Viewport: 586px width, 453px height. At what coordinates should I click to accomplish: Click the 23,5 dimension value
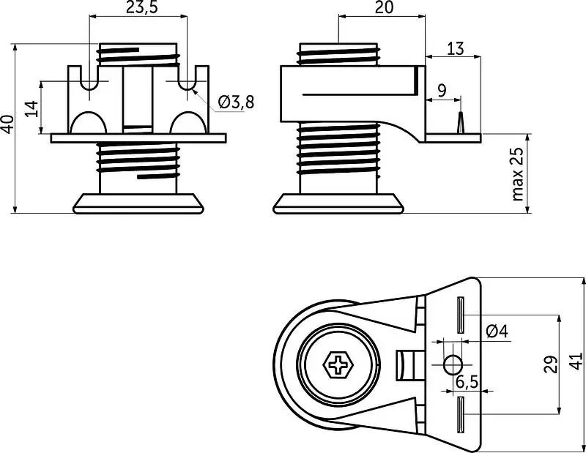(141, 7)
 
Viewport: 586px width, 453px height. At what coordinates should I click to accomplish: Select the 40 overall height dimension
(8, 124)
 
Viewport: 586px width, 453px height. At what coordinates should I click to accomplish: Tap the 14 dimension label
(32, 108)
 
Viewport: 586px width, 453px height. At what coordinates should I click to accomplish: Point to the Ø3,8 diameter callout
(236, 102)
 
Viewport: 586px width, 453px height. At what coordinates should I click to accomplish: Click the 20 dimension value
(384, 7)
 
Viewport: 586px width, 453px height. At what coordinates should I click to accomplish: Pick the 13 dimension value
(455, 48)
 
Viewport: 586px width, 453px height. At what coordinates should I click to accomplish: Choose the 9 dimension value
(442, 91)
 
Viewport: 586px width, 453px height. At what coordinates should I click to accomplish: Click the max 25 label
(518, 174)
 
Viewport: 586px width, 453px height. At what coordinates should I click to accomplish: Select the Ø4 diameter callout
(497, 331)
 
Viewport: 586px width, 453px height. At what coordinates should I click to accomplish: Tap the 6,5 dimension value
(467, 382)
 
